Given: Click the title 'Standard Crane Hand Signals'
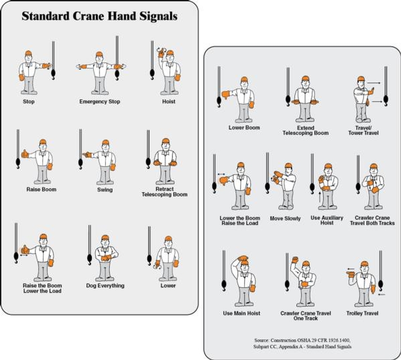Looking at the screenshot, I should (100, 17).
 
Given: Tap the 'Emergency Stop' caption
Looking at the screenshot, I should (100, 102).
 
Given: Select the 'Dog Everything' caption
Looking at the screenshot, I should (105, 286).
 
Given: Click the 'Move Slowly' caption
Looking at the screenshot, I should (285, 219).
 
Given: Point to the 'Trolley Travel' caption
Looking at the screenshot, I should (362, 313).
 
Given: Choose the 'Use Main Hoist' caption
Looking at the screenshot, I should (241, 313).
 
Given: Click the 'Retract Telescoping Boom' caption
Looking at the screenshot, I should (165, 192).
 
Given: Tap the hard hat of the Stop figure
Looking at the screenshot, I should (28, 54).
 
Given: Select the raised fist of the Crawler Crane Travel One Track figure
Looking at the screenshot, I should (295, 260).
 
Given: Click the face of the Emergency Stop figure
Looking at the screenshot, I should (99, 59).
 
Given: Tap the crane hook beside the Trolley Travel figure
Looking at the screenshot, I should (381, 284).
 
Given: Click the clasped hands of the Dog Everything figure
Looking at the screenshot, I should (106, 258).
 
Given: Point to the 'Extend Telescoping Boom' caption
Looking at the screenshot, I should (305, 130).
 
